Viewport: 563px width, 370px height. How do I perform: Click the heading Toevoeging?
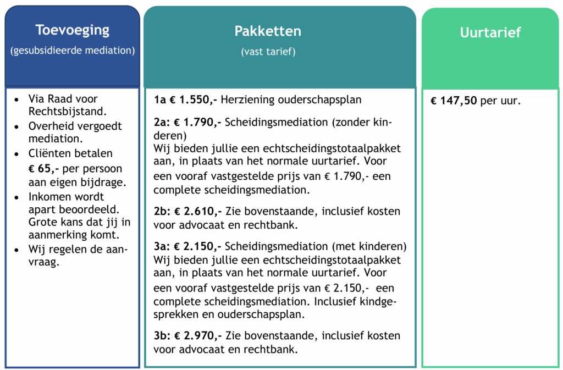pos(72,30)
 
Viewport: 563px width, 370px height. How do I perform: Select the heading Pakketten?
pos(268,31)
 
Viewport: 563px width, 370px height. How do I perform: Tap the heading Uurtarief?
pos(490,32)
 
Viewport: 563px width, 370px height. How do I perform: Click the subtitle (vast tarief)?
pos(268,52)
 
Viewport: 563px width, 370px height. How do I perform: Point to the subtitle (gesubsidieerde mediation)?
pos(72,51)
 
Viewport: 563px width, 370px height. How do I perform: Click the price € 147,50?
pos(454,101)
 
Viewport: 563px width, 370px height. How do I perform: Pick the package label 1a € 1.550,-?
pos(186,100)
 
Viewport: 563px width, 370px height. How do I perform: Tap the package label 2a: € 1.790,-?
pos(187,122)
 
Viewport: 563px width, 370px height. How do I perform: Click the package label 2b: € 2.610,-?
pos(188,211)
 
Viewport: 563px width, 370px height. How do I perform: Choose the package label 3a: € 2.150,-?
pos(188,246)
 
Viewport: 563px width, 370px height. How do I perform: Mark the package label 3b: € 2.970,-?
pos(188,335)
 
